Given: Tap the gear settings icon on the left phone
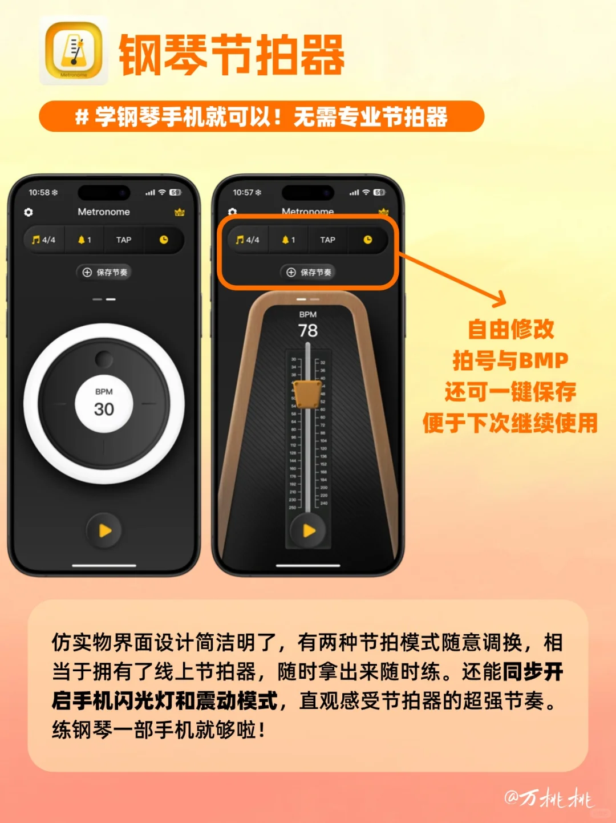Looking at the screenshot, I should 29,212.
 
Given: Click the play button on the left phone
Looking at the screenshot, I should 104,531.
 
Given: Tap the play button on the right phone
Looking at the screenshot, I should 309,531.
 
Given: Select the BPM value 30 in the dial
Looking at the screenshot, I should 104,409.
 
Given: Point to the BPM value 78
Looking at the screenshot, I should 308,330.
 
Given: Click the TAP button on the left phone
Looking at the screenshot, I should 124,240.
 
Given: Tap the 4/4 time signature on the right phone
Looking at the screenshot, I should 248,240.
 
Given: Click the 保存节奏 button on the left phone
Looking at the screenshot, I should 104,273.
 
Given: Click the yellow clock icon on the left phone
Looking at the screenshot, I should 164,240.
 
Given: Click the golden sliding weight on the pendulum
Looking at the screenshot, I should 307,394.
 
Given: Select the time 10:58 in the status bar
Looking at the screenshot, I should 39,193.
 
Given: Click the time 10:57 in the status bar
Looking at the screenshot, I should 243,193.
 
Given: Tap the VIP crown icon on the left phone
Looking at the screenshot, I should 180,212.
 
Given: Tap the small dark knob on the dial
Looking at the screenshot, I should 104,359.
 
